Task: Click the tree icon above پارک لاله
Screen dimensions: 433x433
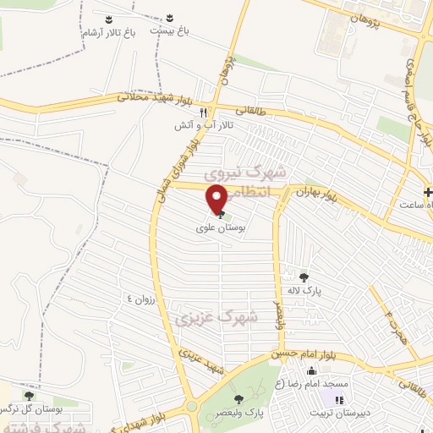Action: (304, 276)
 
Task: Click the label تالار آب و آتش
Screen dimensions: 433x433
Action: (203, 126)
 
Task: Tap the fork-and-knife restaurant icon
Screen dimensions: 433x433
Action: (202, 112)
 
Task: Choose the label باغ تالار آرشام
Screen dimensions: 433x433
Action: (108, 31)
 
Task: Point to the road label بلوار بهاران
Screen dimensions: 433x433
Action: (316, 196)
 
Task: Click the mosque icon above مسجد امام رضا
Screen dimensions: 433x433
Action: (312, 370)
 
